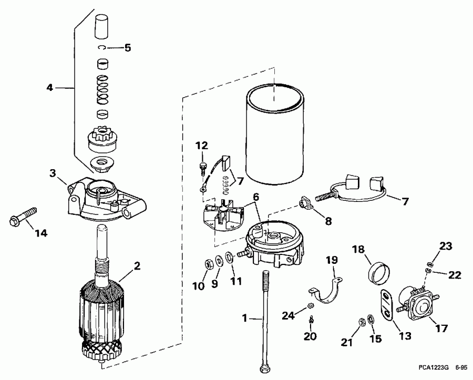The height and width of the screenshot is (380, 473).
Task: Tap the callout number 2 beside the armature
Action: pos(137,266)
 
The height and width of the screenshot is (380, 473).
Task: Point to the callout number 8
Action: pos(328,221)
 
